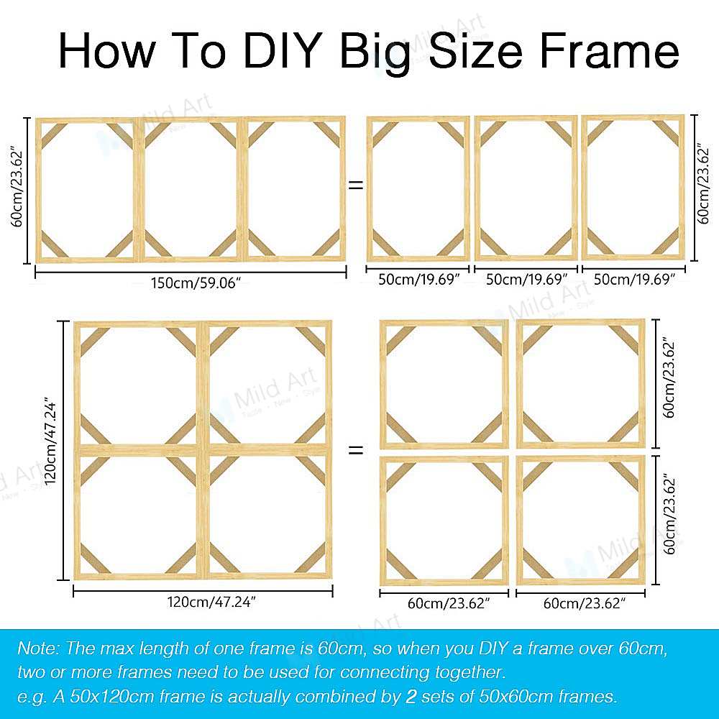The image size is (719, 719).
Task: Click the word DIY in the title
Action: pos(280,50)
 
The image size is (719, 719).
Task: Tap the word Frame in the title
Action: pos(610,50)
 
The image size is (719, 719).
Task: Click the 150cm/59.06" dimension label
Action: pos(196,283)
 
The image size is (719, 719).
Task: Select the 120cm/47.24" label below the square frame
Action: pos(211,602)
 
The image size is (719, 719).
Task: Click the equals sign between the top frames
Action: pos(357,185)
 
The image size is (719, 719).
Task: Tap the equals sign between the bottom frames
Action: pos(357,449)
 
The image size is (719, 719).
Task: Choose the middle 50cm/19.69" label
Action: pos(526,279)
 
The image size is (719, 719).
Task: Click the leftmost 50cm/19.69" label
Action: pos(418,279)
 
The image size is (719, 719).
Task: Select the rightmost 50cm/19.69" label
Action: pos(634,279)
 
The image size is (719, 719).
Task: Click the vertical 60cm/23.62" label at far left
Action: pos(17,187)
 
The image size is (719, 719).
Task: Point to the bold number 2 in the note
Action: pos(411,697)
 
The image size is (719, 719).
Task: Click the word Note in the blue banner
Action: pos(38,648)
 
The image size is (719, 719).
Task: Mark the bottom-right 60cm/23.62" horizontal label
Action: pos(584,603)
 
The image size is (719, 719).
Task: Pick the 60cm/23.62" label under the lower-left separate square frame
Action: pos(449,603)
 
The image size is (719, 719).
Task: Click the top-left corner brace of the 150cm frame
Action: pos(54,135)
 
